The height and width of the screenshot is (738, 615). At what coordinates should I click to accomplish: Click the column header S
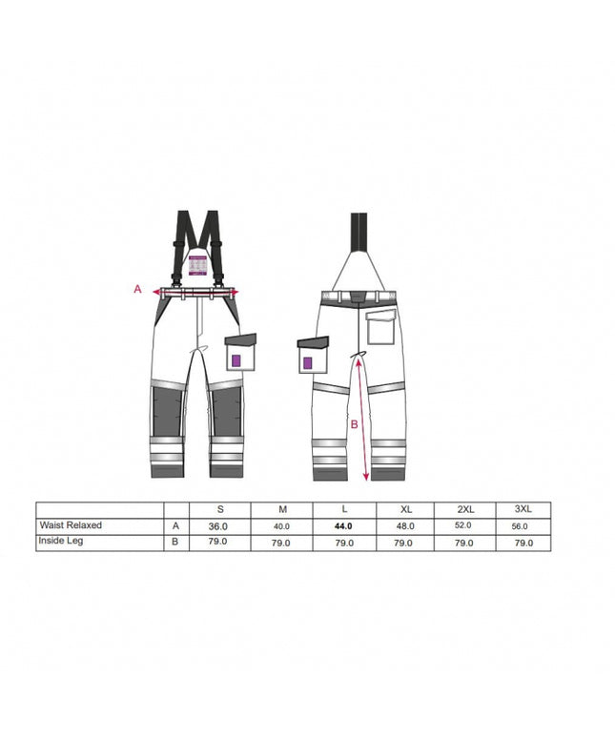(220, 509)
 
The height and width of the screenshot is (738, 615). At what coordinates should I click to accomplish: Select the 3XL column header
(523, 509)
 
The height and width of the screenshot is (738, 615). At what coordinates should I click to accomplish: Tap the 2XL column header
(466, 509)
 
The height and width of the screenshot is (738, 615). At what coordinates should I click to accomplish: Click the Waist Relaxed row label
(71, 524)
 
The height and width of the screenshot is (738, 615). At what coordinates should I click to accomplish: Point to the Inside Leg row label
(61, 541)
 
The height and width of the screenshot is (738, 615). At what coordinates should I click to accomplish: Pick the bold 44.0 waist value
(343, 526)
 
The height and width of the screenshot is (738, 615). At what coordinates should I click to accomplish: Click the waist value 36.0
(217, 526)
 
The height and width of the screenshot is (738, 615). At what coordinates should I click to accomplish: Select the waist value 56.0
(520, 526)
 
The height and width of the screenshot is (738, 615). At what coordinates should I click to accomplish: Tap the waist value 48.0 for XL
(405, 526)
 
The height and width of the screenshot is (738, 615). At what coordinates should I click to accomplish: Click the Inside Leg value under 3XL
(523, 543)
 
